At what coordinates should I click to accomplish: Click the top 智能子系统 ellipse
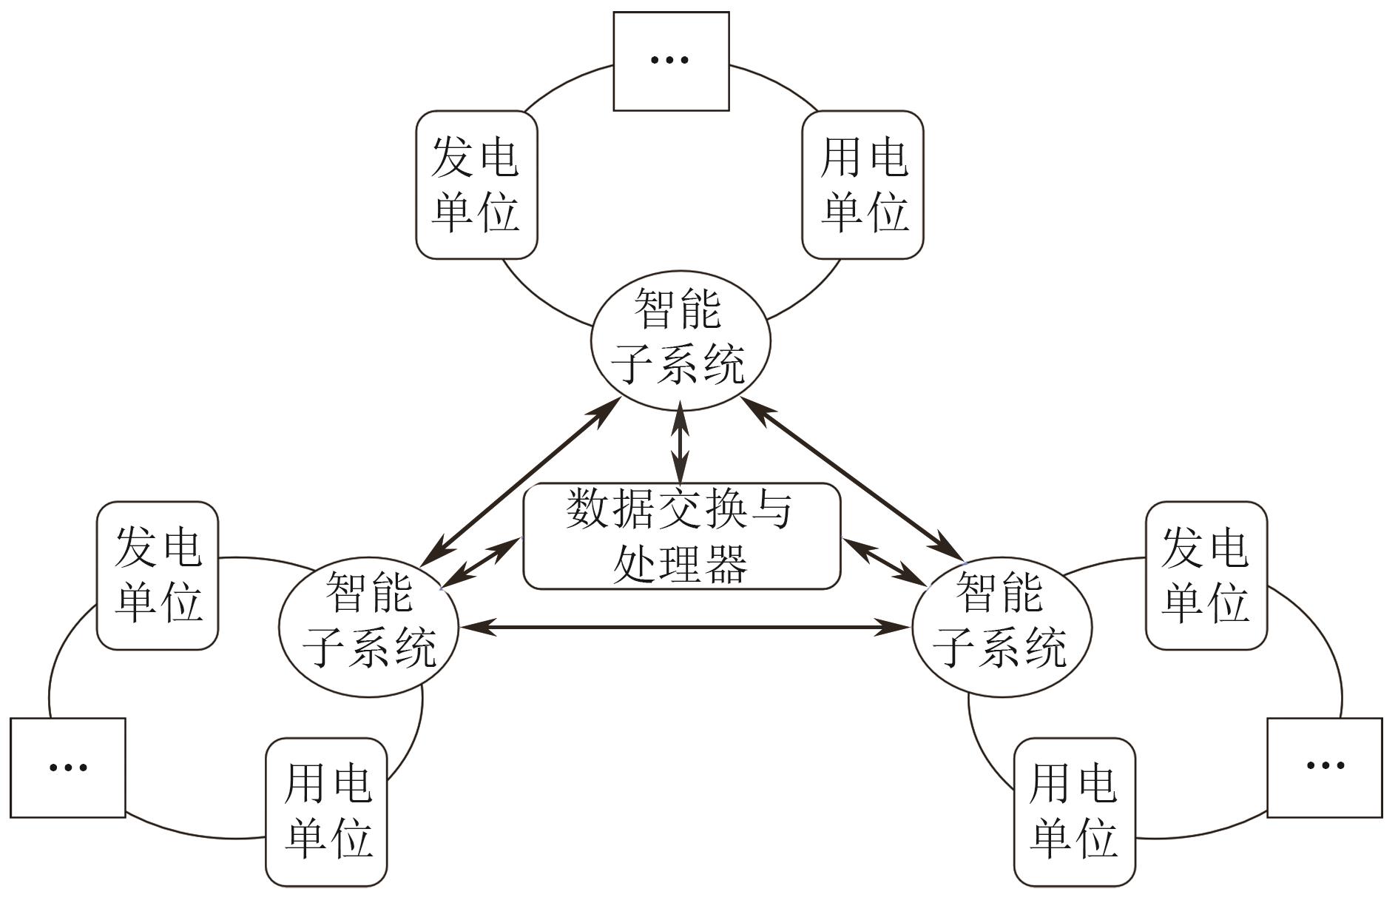coord(681,340)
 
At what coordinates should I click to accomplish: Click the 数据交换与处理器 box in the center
coord(681,537)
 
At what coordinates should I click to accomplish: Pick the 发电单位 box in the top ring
coord(476,185)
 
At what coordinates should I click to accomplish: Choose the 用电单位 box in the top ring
coord(862,185)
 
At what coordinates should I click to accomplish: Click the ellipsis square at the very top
coord(671,61)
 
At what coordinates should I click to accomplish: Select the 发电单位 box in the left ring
coord(158,576)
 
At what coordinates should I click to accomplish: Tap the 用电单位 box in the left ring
coord(326,811)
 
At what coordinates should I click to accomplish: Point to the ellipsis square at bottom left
coord(68,768)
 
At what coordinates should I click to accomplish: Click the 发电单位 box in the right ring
coord(1206,576)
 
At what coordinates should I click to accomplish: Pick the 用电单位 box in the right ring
coord(1074,811)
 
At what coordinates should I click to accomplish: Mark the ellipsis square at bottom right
coord(1324,768)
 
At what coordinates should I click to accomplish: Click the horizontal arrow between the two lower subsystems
coord(684,628)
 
